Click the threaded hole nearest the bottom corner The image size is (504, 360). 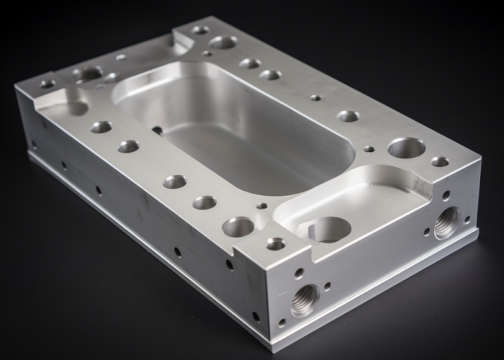[x=305, y=300]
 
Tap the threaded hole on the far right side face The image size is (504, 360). [x=446, y=222]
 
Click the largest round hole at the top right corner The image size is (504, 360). [x=406, y=148]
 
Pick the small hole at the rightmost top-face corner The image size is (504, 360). [x=440, y=161]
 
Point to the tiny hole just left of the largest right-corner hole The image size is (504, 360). [x=369, y=149]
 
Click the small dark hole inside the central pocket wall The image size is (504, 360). [x=157, y=130]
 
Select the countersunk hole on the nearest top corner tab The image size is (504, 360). [x=276, y=244]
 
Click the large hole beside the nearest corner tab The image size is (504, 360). [x=238, y=227]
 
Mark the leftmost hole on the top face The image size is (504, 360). [x=48, y=84]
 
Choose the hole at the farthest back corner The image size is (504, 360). [x=200, y=30]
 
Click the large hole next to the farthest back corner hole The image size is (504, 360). [x=223, y=42]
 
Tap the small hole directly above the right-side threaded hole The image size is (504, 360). [x=446, y=195]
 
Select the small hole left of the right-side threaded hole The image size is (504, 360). [x=427, y=232]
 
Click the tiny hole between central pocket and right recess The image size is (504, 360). [x=261, y=206]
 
